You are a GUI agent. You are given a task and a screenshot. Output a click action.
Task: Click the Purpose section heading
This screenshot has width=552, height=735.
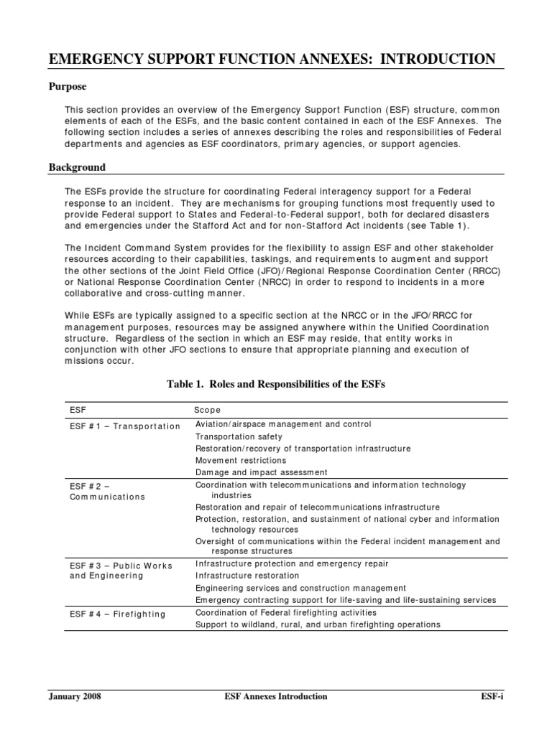tap(68, 87)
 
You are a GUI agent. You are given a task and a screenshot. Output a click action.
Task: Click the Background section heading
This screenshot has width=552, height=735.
tap(77, 167)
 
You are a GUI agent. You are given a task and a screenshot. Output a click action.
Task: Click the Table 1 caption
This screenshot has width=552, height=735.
tap(276, 384)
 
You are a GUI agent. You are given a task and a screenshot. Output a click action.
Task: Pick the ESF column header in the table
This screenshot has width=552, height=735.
tap(78, 410)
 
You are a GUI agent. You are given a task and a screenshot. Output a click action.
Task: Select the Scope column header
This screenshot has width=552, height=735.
tap(208, 410)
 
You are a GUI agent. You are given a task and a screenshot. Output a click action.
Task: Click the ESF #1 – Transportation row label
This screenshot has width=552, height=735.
tap(124, 426)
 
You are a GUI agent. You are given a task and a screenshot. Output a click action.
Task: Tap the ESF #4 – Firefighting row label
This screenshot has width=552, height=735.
tap(117, 614)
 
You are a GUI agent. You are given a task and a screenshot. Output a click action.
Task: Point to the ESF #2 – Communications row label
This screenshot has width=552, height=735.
tap(107, 491)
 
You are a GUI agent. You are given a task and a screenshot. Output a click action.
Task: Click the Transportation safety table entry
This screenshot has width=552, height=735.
tap(239, 436)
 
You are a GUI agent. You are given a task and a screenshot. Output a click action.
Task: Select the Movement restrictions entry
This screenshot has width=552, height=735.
tap(240, 460)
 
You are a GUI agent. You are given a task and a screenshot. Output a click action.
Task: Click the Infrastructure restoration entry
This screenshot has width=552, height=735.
tap(247, 576)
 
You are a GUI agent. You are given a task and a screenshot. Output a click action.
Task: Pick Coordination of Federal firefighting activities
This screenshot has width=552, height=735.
tap(285, 612)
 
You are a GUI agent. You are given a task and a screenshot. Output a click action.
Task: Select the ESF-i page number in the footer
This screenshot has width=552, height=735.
tap(492, 696)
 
